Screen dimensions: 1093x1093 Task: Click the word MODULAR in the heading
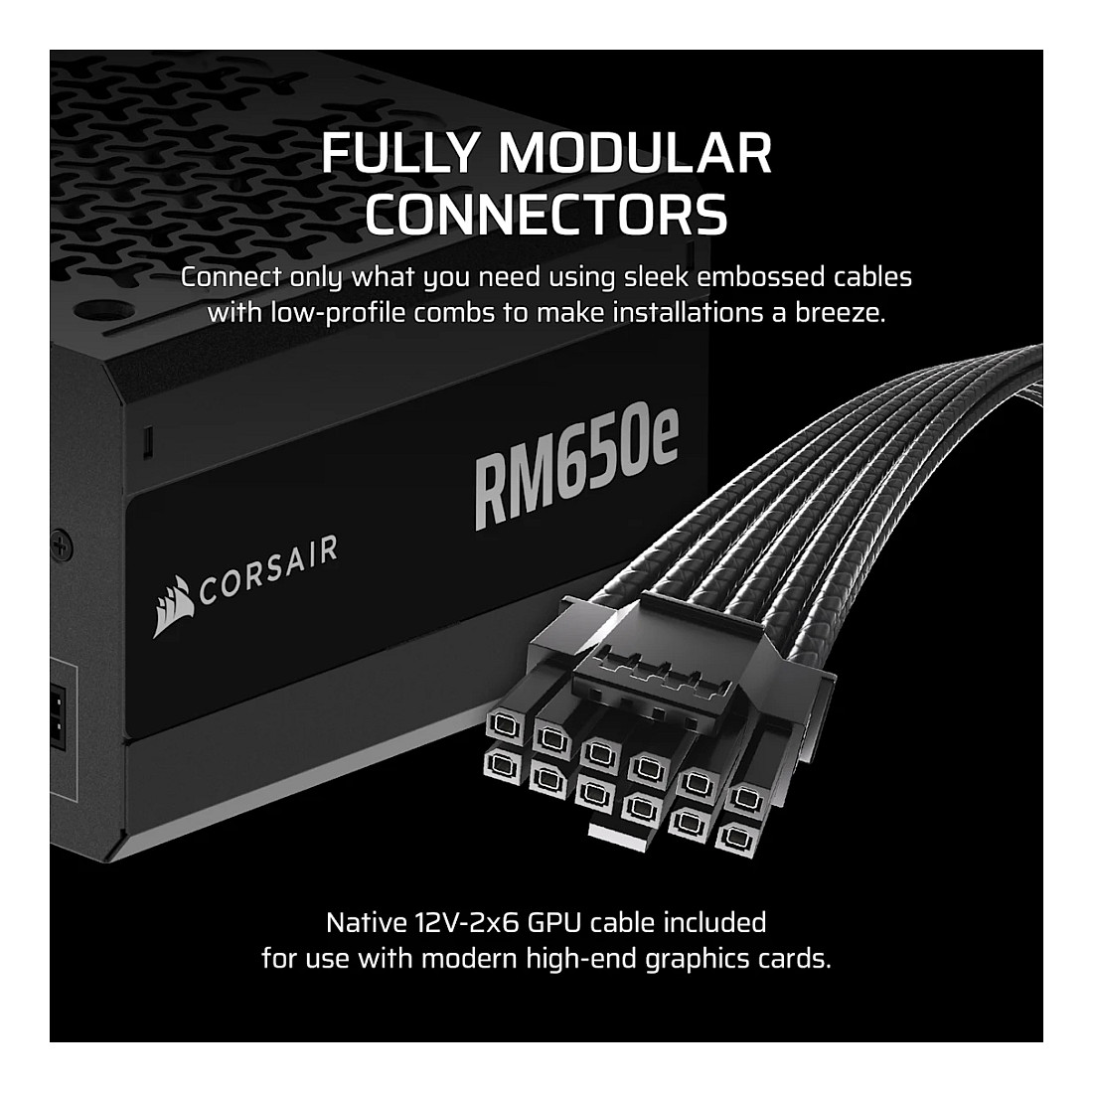coord(636,153)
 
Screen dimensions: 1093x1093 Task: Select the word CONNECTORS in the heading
coord(546,213)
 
